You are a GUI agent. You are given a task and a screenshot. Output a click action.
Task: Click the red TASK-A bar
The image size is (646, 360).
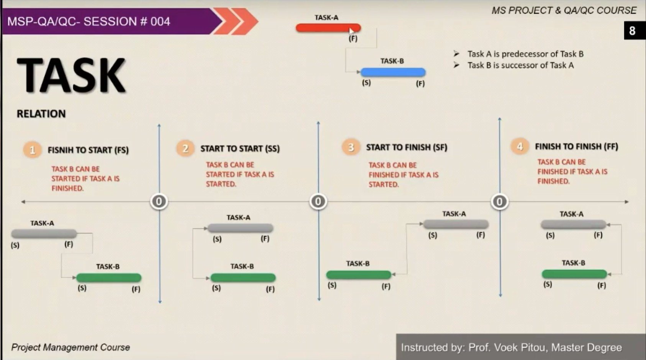point(327,28)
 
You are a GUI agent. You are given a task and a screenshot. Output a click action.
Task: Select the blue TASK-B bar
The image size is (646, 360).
point(392,72)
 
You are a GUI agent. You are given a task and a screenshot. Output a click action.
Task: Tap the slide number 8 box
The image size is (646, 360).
point(632,31)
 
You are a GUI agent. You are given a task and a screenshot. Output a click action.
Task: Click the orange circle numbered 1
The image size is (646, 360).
point(32,150)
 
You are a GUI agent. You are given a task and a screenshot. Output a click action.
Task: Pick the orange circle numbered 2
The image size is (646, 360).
point(185,149)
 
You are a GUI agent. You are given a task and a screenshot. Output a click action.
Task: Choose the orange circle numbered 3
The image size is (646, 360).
point(351,147)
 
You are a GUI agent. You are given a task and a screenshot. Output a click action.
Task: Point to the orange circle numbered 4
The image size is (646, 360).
point(520,147)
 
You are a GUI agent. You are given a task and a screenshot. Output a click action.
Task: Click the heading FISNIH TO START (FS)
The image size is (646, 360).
point(88,150)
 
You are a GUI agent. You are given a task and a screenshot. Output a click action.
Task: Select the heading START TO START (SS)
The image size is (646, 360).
point(240,149)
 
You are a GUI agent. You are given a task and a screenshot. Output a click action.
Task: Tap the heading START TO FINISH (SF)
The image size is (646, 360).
point(406,147)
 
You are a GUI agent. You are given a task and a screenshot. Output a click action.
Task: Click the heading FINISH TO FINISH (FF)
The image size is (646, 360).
point(576,147)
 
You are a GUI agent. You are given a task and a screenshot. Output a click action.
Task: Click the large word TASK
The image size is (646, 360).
point(71,75)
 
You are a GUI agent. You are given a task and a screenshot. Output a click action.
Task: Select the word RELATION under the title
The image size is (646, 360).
point(41,114)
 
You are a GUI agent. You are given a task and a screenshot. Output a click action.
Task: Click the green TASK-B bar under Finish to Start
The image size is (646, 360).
point(109,278)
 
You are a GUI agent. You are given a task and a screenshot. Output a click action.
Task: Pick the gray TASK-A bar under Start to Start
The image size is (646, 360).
point(240,228)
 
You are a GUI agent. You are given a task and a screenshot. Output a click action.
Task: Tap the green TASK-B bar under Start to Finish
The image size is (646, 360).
point(359,275)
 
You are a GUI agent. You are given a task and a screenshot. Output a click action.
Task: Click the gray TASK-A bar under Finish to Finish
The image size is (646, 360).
point(573,224)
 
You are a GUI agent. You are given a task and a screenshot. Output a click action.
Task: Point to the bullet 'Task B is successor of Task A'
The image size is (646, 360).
point(520,65)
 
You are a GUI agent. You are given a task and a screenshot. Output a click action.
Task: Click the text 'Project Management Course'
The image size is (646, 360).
point(71,347)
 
